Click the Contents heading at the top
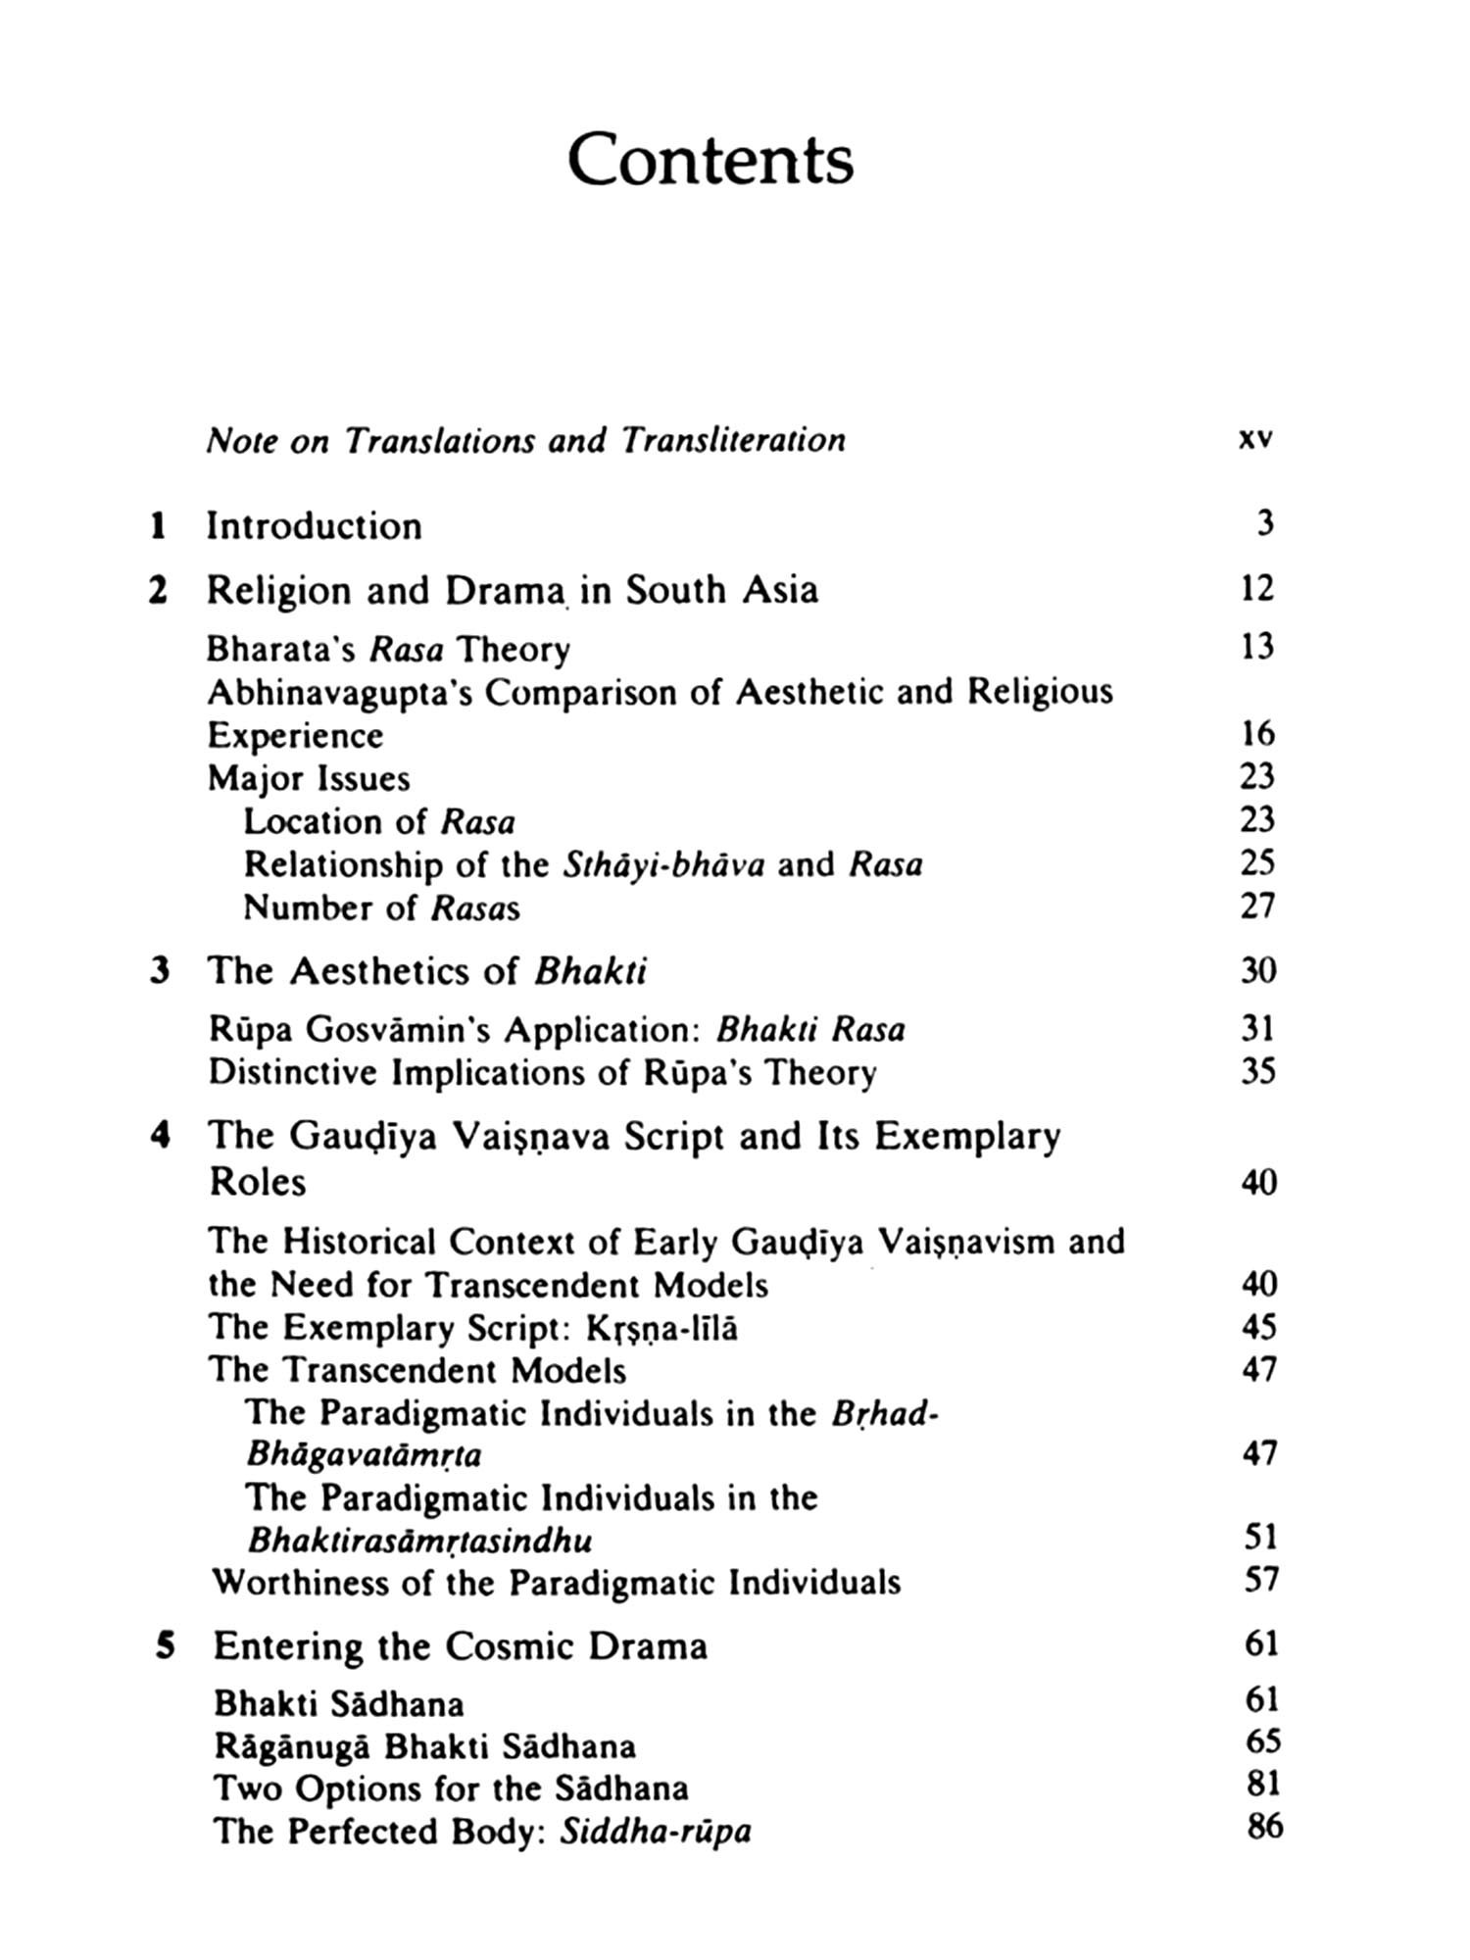tap(710, 160)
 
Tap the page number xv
tap(1254, 440)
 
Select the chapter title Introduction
tap(314, 526)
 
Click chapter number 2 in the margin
tap(157, 591)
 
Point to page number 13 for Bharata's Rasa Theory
tap(1256, 647)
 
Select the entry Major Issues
tap(309, 778)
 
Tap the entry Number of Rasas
tap(381, 907)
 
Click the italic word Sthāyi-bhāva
tap(663, 864)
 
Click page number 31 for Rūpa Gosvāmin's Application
tap(1257, 1028)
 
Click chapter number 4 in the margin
tap(160, 1136)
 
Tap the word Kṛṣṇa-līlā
tap(661, 1328)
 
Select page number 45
tap(1258, 1327)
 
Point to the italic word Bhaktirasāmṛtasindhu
tap(419, 1541)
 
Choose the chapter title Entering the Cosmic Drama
tap(460, 1645)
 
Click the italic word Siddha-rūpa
tap(655, 1831)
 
